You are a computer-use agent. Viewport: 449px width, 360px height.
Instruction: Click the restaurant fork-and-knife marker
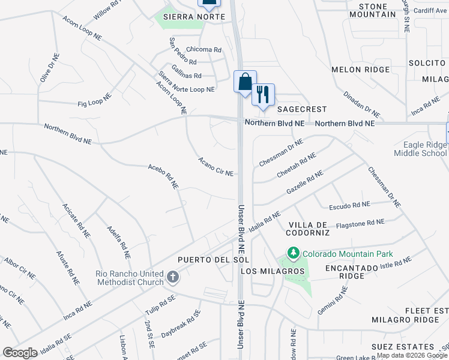pyautogui.click(x=263, y=95)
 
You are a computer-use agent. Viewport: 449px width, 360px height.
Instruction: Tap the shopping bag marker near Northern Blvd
pyautogui.click(x=245, y=82)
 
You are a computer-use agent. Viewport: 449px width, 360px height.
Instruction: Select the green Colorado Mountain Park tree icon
pyautogui.click(x=293, y=254)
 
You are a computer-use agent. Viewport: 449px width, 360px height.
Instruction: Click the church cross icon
pyautogui.click(x=173, y=277)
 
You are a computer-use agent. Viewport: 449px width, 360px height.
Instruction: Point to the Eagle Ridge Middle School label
pyautogui.click(x=420, y=149)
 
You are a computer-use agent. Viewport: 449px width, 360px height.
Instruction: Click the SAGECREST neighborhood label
pyautogui.click(x=302, y=109)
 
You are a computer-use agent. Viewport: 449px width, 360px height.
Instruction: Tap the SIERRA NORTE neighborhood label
pyautogui.click(x=199, y=17)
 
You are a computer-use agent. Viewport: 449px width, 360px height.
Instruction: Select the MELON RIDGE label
pyautogui.click(x=354, y=70)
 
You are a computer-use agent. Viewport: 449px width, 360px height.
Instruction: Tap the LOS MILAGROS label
pyautogui.click(x=273, y=271)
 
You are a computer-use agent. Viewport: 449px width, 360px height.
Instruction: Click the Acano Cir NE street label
pyautogui.click(x=215, y=166)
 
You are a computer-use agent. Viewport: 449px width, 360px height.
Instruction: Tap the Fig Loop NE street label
pyautogui.click(x=95, y=100)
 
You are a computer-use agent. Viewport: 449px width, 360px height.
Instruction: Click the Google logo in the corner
pyautogui.click(x=20, y=352)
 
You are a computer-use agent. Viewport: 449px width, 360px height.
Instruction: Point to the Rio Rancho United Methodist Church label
pyautogui.click(x=129, y=278)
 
